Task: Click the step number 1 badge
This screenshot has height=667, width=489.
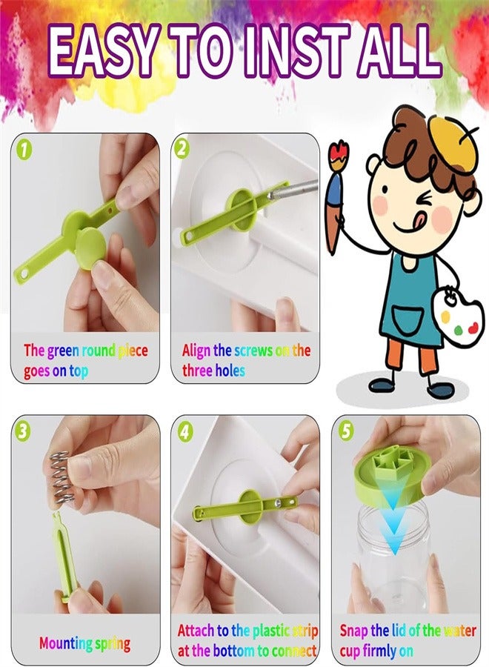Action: (25, 150)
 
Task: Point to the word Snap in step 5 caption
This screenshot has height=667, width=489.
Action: (353, 631)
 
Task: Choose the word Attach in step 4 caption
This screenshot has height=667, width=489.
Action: (196, 631)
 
